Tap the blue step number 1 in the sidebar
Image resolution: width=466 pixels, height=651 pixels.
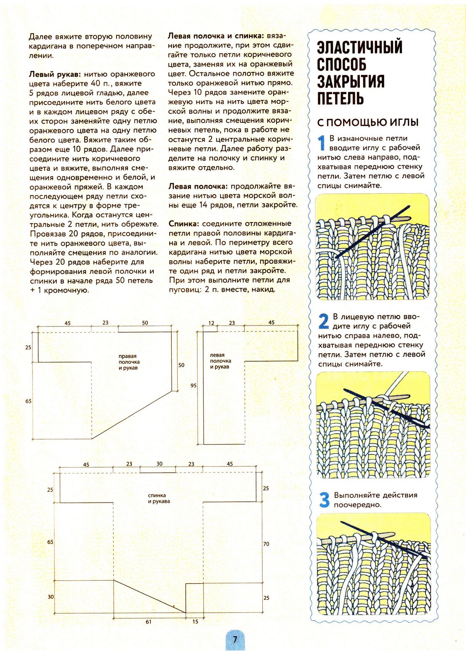pyautogui.click(x=322, y=143)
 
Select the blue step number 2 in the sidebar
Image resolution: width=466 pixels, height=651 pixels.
pyautogui.click(x=323, y=321)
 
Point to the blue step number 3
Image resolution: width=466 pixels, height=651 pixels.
pyautogui.click(x=324, y=500)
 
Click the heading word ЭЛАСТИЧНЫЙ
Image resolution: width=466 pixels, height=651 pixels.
pyautogui.click(x=359, y=48)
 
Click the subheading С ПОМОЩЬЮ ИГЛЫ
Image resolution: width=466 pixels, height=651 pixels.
pyautogui.click(x=367, y=122)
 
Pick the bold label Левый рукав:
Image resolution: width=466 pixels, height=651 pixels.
pyautogui.click(x=55, y=74)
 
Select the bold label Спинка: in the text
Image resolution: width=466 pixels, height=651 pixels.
pyautogui.click(x=184, y=224)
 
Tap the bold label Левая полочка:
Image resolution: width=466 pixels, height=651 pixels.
pyautogui.click(x=198, y=186)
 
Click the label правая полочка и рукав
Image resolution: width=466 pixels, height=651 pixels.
pyautogui.click(x=129, y=362)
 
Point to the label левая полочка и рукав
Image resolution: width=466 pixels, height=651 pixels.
pyautogui.click(x=220, y=361)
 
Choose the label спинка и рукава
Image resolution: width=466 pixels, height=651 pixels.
pyautogui.click(x=159, y=498)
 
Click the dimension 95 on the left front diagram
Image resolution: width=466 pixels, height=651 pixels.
pyautogui.click(x=193, y=386)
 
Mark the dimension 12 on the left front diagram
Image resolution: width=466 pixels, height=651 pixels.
pyautogui.click(x=211, y=323)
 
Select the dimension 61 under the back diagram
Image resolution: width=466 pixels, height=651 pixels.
pyautogui.click(x=149, y=622)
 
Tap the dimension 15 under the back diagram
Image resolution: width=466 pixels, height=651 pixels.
pyautogui.click(x=195, y=622)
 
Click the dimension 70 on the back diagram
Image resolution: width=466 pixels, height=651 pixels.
pyautogui.click(x=266, y=544)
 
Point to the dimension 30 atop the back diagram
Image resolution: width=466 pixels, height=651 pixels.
pyautogui.click(x=159, y=464)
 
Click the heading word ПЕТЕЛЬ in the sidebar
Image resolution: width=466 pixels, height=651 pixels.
pyautogui.click(x=340, y=98)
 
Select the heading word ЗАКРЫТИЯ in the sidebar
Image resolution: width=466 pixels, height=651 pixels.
pyautogui.click(x=351, y=81)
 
